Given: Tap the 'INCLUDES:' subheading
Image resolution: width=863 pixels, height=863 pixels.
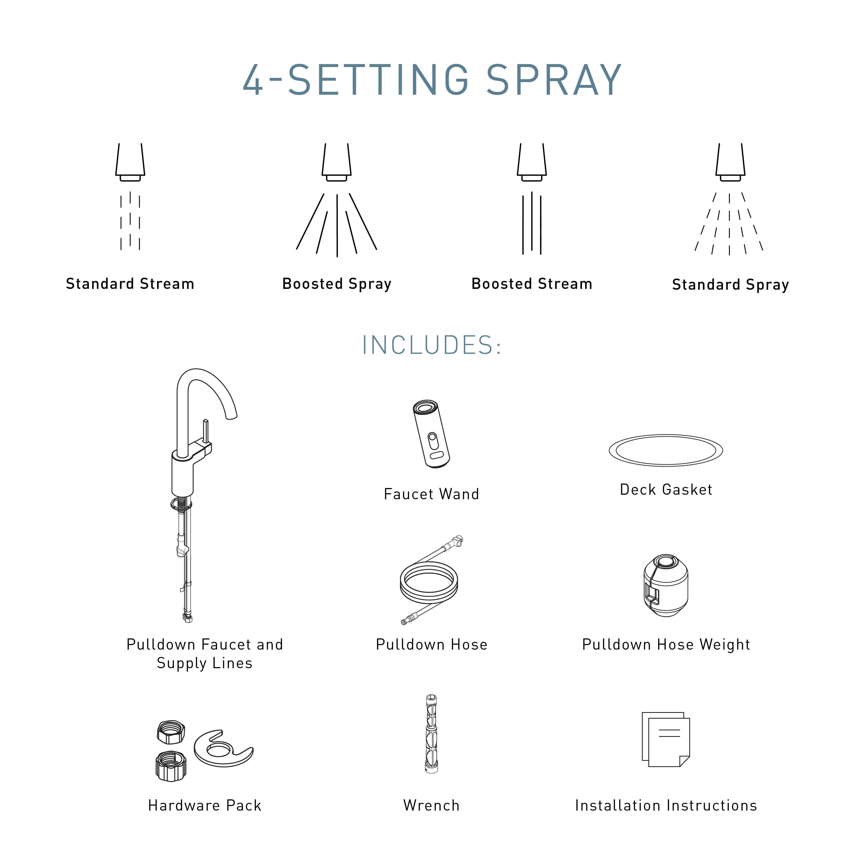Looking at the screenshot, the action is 431,345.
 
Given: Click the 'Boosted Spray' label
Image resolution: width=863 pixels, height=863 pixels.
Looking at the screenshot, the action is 337,284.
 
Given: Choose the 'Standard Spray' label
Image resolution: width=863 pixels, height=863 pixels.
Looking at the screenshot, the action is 730,285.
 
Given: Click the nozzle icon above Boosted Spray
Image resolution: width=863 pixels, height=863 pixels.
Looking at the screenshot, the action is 336,162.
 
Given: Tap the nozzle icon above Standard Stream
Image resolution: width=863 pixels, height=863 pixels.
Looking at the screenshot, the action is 130,162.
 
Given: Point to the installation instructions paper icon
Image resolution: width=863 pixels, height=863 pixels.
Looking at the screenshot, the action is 666,739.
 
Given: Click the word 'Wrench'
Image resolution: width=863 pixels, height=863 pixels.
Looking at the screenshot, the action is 431,805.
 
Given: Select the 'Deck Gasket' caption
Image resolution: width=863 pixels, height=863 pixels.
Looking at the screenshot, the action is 666,490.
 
